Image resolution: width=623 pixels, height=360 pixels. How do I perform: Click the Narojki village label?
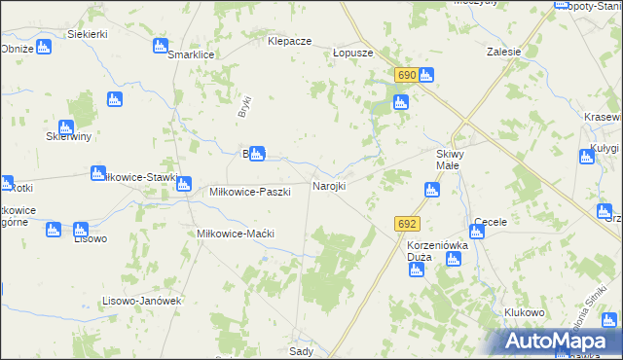[328, 186]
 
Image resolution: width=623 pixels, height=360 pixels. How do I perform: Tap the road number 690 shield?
[407, 75]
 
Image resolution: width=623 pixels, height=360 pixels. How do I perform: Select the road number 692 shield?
[407, 224]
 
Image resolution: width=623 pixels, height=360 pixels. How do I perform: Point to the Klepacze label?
[289, 42]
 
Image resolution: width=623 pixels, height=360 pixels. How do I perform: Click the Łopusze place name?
[352, 54]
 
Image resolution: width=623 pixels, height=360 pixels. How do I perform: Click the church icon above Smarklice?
[161, 46]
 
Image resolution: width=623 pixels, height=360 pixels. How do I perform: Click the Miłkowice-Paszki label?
[250, 192]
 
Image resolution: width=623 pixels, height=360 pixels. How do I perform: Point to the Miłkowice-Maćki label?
[236, 234]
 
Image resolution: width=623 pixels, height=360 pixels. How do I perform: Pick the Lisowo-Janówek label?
[142, 301]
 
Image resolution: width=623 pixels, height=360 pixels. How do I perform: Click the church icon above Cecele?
[477, 231]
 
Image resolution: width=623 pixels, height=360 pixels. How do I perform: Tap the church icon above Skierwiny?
[66, 126]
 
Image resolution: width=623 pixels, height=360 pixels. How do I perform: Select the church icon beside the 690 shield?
[426, 76]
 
